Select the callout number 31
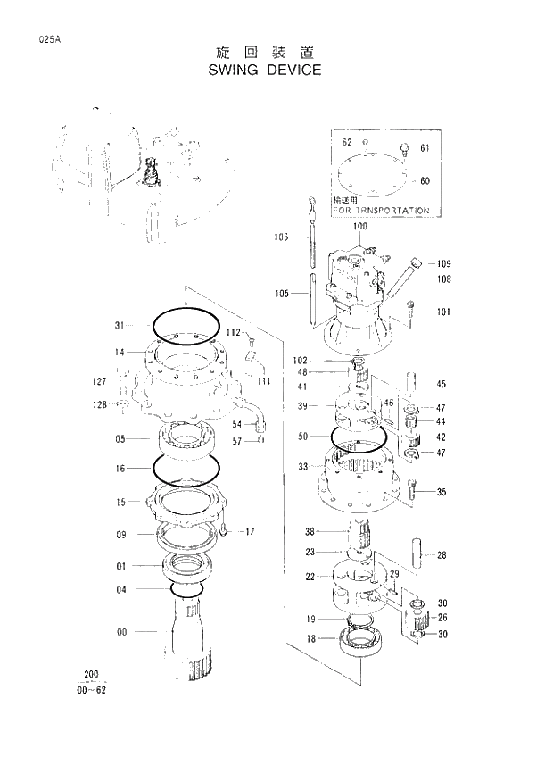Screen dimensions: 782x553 (120, 325)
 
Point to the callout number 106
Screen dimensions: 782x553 (281, 237)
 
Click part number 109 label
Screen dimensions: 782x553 (443, 263)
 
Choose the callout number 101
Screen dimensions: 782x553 (443, 312)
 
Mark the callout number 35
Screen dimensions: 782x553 (441, 491)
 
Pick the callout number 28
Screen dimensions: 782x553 (441, 555)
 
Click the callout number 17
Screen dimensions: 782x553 (251, 531)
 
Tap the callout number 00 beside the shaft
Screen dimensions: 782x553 (121, 632)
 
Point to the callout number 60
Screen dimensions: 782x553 (425, 180)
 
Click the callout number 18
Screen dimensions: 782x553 (310, 638)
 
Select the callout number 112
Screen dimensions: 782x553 (234, 332)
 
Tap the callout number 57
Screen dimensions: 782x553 (236, 441)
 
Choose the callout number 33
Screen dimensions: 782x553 (304, 466)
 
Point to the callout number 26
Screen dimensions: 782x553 (442, 618)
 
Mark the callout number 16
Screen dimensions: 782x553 (120, 467)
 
